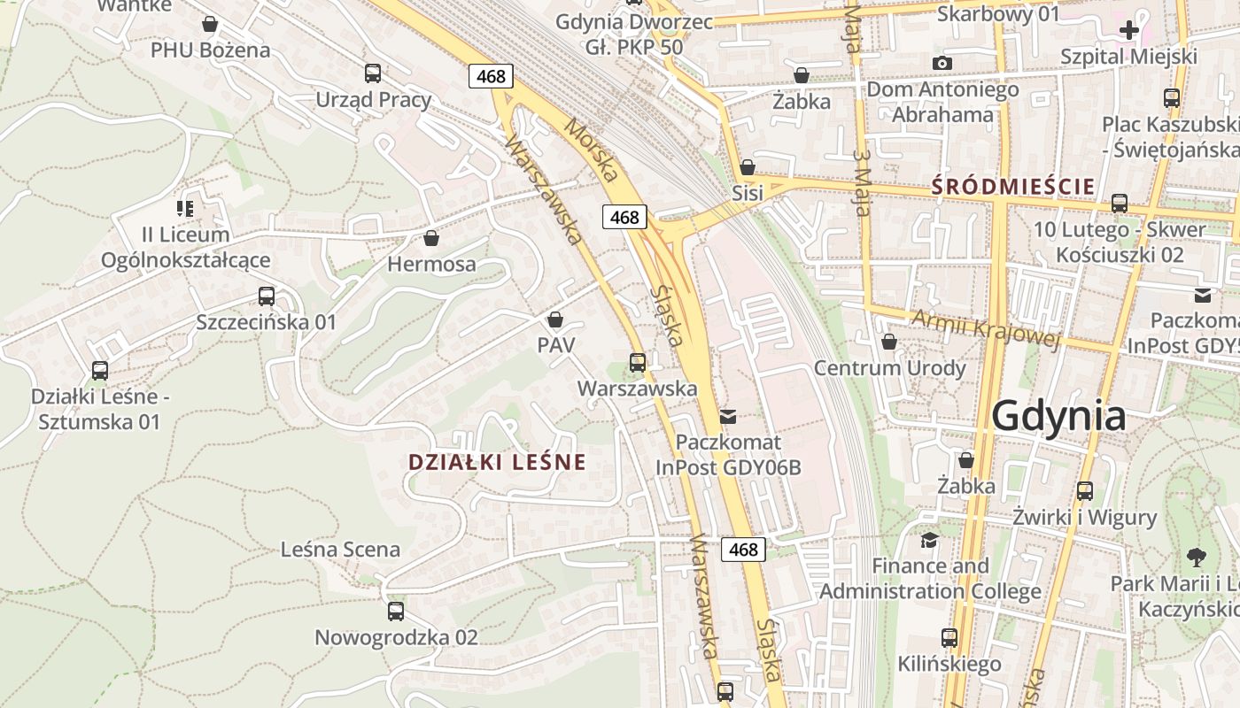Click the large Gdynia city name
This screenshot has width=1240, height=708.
pyautogui.click(x=1058, y=415)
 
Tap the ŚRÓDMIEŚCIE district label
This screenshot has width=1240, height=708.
pyautogui.click(x=1013, y=187)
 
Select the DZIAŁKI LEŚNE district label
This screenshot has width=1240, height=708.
pyautogui.click(x=497, y=461)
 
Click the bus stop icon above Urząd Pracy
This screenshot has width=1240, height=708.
pyautogui.click(x=373, y=73)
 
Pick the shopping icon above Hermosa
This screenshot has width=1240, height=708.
pyautogui.click(x=431, y=238)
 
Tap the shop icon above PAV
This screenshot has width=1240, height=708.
pyautogui.click(x=555, y=319)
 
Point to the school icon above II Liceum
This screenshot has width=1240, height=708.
pyautogui.click(x=184, y=209)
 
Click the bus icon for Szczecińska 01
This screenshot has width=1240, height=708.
pyautogui.click(x=267, y=296)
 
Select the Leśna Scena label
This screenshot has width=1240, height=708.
pyautogui.click(x=340, y=550)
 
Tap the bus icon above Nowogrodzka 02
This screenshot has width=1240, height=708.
pyautogui.click(x=396, y=612)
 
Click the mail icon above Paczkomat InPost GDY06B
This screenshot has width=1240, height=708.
pyautogui.click(x=728, y=416)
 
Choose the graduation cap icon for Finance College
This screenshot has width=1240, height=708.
pyautogui.click(x=929, y=540)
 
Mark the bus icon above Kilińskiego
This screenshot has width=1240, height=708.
pyautogui.click(x=949, y=638)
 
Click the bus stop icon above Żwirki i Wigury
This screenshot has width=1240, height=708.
pyautogui.click(x=1085, y=491)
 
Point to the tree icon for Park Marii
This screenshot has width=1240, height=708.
pyautogui.click(x=1197, y=558)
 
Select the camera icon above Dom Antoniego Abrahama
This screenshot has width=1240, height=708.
pyautogui.click(x=942, y=63)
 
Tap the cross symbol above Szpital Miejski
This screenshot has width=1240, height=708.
pyautogui.click(x=1129, y=31)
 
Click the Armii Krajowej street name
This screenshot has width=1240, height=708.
pyautogui.click(x=985, y=328)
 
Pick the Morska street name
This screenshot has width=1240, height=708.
pyautogui.click(x=591, y=150)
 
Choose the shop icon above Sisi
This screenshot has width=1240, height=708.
pyautogui.click(x=748, y=167)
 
